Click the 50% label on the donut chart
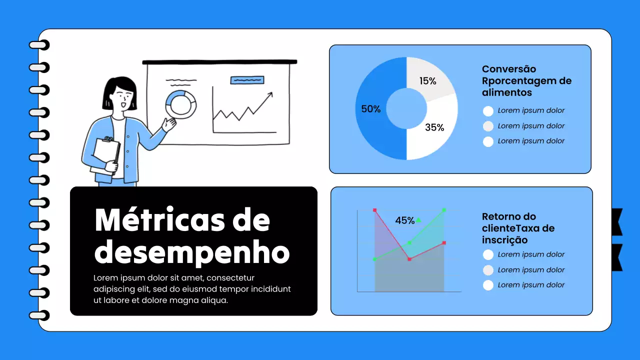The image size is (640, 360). (x=371, y=109)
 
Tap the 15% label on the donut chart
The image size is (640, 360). (x=428, y=81)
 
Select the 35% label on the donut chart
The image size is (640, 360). (x=434, y=127)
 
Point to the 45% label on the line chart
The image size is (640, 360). (x=405, y=220)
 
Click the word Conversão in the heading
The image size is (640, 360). (x=509, y=69)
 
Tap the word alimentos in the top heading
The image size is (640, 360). (x=507, y=92)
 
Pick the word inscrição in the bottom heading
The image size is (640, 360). (x=504, y=240)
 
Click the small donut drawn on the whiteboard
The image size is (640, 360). (x=180, y=104)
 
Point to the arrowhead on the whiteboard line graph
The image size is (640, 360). (x=270, y=94)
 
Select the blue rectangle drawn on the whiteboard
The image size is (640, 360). (x=247, y=79)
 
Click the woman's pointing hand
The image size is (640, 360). (x=169, y=123)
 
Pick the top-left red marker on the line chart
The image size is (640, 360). (x=374, y=210)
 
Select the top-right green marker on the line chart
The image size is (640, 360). (x=444, y=210)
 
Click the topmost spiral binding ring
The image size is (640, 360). (x=39, y=45)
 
